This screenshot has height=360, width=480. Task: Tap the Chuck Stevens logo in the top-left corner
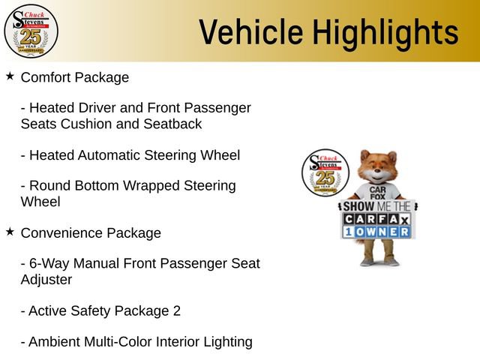tap(31, 31)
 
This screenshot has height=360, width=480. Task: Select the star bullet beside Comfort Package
tap(10, 76)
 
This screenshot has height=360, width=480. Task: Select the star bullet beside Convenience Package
tap(10, 232)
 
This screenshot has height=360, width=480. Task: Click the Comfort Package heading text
tap(75, 77)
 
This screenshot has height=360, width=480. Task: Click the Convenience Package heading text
tap(91, 232)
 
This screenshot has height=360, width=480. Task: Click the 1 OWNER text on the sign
tap(376, 232)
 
